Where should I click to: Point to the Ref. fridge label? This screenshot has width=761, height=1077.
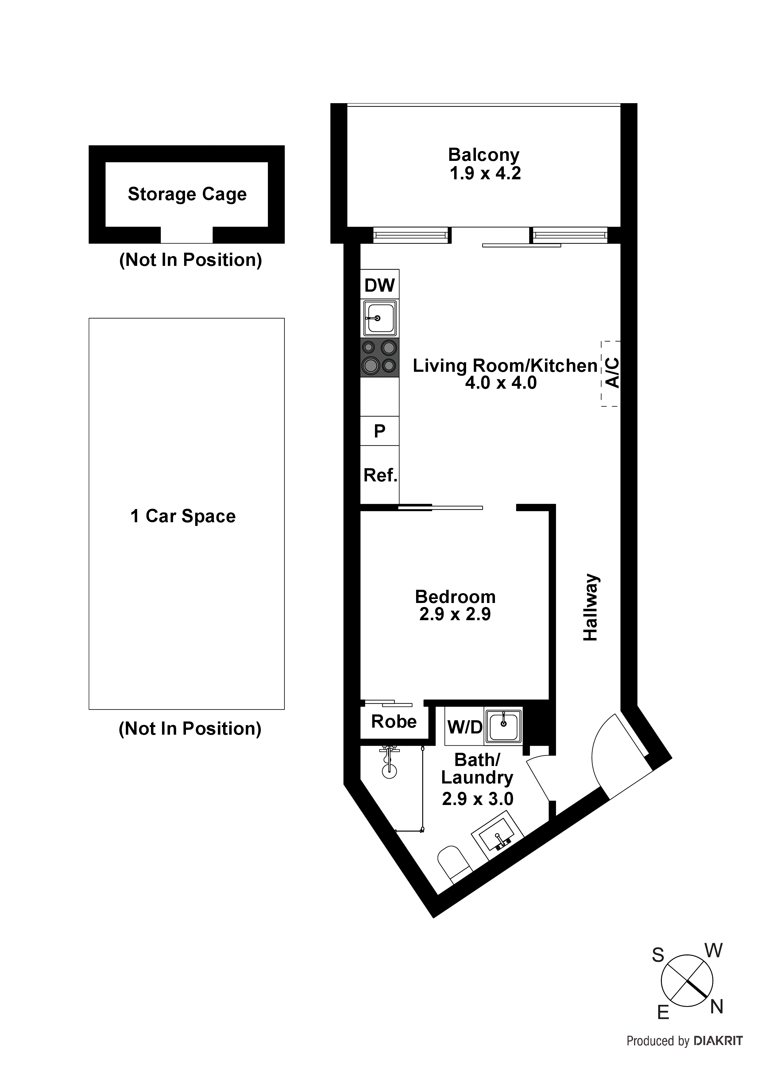(x=380, y=476)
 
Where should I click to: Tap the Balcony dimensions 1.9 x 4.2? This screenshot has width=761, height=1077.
(x=485, y=173)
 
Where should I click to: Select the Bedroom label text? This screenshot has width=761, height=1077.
(x=455, y=597)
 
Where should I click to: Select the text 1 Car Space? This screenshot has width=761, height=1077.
(x=183, y=516)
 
